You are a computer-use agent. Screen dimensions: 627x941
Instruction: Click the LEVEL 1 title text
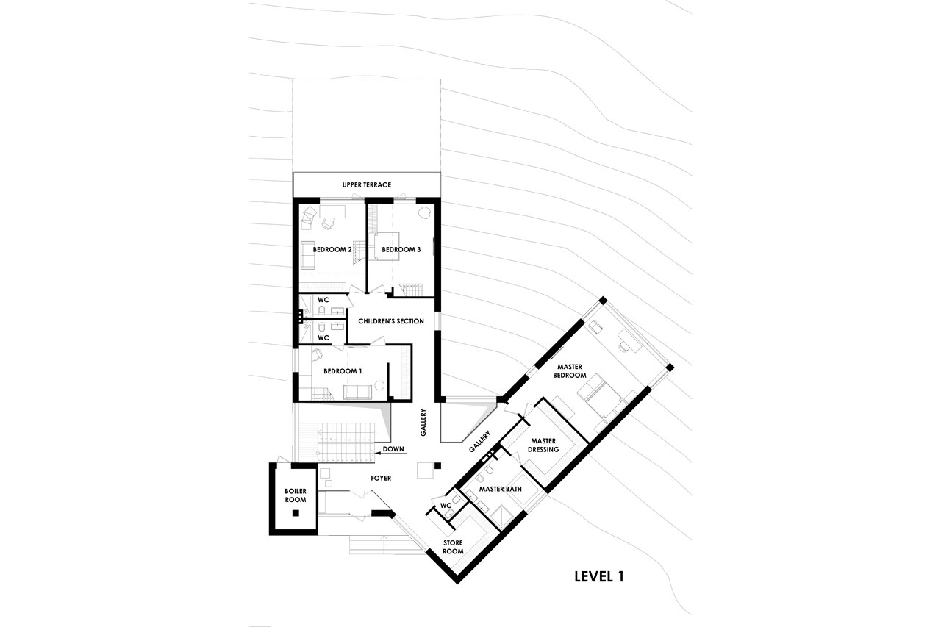pos(598,576)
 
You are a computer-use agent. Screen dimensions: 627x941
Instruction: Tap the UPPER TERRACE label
pos(366,184)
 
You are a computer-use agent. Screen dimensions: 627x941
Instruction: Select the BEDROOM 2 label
pos(332,250)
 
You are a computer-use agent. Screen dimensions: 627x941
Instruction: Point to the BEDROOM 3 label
pos(401,250)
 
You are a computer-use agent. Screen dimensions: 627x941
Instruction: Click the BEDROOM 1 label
pos(343,371)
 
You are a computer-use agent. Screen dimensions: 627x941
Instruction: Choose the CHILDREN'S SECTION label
pos(391,321)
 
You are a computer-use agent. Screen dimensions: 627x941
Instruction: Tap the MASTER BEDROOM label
pos(570,370)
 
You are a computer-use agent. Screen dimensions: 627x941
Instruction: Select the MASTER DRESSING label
pos(544,445)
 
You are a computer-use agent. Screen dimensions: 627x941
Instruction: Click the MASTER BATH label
pos(500,489)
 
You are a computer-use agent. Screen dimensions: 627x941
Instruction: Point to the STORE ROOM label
pos(453,546)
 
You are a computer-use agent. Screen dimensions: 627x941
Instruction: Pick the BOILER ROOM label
pos(296,495)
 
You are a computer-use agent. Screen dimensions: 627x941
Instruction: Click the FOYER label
pos(381,478)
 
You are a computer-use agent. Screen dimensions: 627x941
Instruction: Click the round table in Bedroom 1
pos(380,384)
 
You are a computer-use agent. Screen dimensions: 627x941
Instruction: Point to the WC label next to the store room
pos(445,506)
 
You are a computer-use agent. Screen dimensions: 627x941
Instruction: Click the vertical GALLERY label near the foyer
pos(423,423)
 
